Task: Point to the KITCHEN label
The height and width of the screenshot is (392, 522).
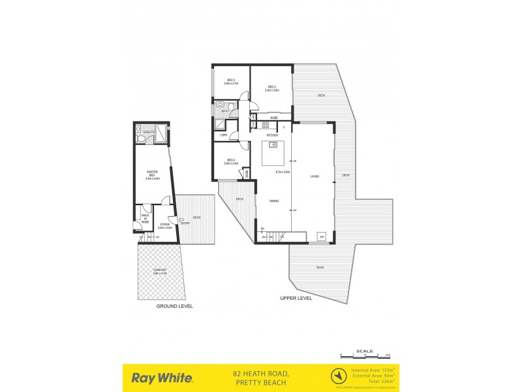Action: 272,135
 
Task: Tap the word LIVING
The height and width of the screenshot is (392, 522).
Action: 314,176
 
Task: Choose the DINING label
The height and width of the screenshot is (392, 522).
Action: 274,201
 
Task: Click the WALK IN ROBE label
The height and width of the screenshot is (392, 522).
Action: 145,218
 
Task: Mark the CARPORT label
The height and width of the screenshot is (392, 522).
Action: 160,270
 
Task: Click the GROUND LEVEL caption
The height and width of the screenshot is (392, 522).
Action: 174,306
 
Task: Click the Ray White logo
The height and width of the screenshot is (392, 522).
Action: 162,378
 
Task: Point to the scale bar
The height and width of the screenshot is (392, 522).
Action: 365,356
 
